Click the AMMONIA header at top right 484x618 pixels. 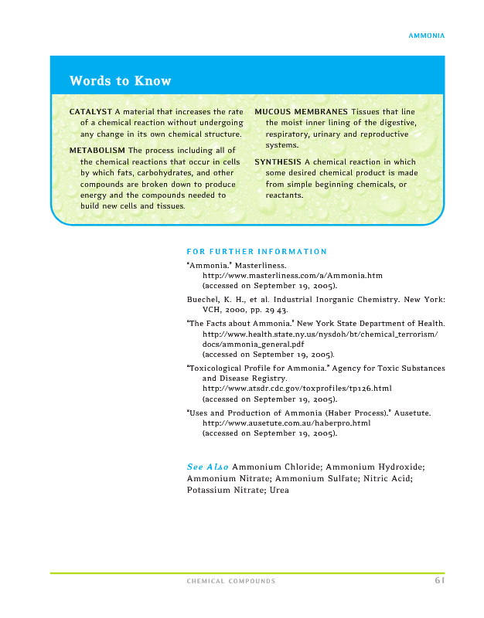pyautogui.click(x=426, y=36)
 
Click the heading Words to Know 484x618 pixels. pyautogui.click(x=120, y=81)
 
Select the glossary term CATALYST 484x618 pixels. pyautogui.click(x=91, y=112)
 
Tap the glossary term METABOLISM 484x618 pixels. pyautogui.click(x=97, y=150)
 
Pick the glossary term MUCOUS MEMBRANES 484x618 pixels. pyautogui.click(x=301, y=112)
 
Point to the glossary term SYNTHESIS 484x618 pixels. pyautogui.click(x=278, y=162)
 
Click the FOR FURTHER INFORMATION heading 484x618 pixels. pyautogui.click(x=257, y=252)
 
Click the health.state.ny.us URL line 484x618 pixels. pyautogui.click(x=320, y=333)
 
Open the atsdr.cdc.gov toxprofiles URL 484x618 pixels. pyautogui.click(x=297, y=388)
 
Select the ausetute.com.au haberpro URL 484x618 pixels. pyautogui.click(x=286, y=424)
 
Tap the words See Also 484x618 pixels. pyautogui.click(x=207, y=467)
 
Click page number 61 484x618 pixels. pyautogui.click(x=439, y=581)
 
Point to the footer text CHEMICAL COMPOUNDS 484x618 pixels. pyautogui.click(x=231, y=581)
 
